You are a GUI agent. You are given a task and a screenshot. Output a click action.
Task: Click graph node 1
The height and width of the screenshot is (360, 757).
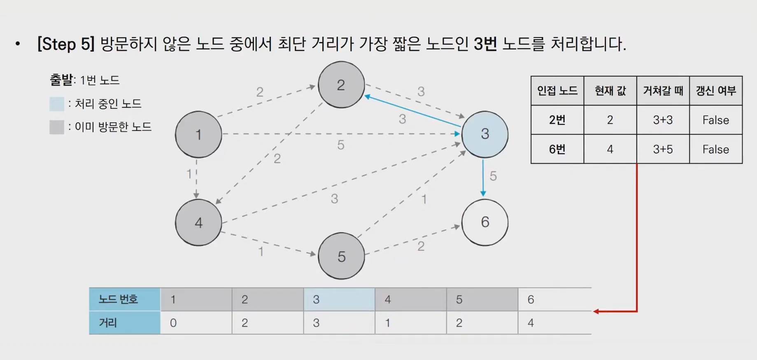pos(198,134)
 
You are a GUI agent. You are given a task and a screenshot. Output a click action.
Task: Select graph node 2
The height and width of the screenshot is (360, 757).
pos(341,85)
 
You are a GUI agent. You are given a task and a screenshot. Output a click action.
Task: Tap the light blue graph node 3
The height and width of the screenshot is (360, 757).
pos(485,134)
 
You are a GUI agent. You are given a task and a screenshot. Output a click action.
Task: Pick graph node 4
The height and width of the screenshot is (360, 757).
pos(198,222)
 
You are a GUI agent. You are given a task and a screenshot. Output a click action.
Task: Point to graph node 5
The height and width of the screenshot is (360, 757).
pos(341,256)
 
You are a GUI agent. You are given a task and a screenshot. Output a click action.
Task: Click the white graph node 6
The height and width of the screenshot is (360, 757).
pos(485,222)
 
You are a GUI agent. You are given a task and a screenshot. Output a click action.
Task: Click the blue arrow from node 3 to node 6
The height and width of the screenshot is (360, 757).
pos(483,178)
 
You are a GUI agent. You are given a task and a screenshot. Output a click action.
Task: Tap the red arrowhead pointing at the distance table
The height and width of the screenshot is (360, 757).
pos(596,311)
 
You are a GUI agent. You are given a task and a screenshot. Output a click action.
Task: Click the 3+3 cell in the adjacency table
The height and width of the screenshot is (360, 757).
pos(663,120)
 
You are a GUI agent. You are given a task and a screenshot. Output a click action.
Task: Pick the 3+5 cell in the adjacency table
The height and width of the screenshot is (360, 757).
pos(663,149)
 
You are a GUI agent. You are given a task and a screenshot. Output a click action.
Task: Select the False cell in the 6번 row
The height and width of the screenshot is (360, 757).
pos(716,149)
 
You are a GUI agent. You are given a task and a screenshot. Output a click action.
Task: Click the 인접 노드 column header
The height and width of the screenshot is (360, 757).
pos(557,91)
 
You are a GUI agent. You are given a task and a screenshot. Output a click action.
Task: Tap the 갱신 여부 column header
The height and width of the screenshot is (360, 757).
pos(716,91)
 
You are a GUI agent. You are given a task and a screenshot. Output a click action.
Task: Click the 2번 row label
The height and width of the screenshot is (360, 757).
pos(557,120)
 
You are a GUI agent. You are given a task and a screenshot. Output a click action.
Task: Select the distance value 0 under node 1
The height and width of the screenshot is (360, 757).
pos(173,323)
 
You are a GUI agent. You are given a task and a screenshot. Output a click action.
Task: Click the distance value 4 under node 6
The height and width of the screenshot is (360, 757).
pos(531,323)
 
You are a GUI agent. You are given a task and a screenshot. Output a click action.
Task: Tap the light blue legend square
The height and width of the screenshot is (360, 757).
pos(57,104)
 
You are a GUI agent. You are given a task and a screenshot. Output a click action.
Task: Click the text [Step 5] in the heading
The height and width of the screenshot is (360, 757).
pos(66,44)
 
